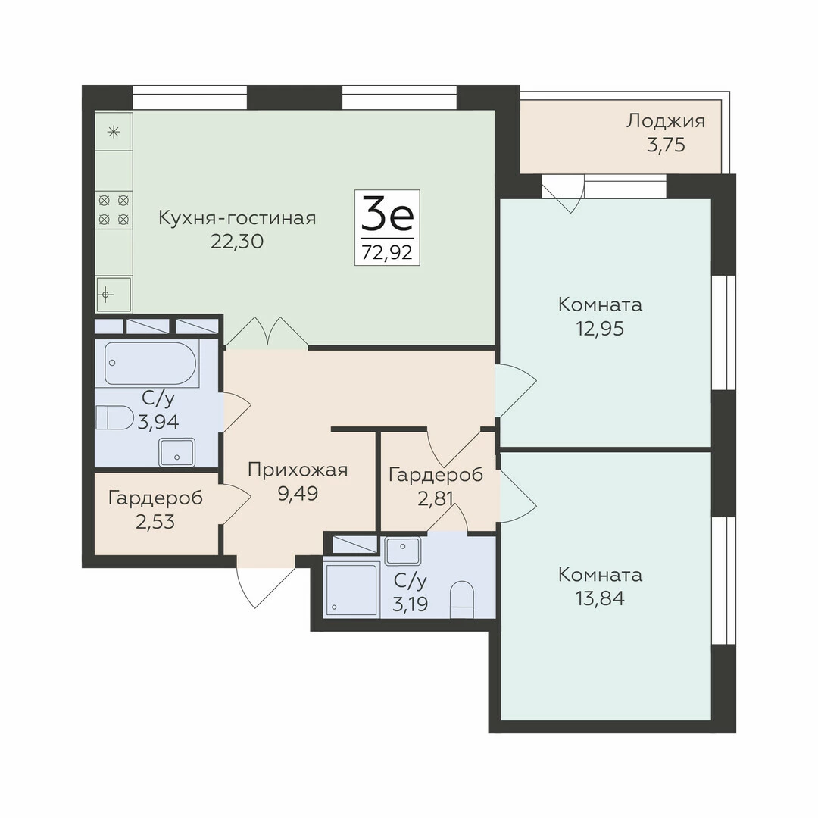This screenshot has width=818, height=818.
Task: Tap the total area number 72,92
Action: (x=387, y=252)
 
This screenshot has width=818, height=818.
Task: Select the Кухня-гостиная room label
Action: (x=237, y=217)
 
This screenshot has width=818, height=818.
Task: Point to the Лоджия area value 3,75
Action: (x=666, y=145)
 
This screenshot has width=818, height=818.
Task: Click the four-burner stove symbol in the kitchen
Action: (x=114, y=210)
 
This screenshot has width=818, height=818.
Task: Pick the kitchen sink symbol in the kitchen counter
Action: (x=113, y=294)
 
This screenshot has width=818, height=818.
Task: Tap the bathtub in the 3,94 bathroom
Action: (x=151, y=363)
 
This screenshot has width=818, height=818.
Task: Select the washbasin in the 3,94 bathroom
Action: (x=176, y=451)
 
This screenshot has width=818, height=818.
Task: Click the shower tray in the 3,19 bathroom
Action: (x=351, y=589)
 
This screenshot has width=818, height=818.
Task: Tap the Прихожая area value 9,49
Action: (x=298, y=493)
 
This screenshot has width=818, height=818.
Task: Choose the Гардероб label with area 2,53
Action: (x=155, y=498)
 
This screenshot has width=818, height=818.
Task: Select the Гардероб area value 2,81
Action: (x=435, y=498)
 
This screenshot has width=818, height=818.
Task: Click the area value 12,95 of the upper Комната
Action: (x=600, y=329)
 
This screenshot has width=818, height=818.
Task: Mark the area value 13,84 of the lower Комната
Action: (x=600, y=598)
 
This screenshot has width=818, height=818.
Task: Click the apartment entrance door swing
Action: (x=261, y=587)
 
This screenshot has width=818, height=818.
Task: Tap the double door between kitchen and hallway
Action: (x=267, y=333)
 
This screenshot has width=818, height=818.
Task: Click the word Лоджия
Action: (x=666, y=121)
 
